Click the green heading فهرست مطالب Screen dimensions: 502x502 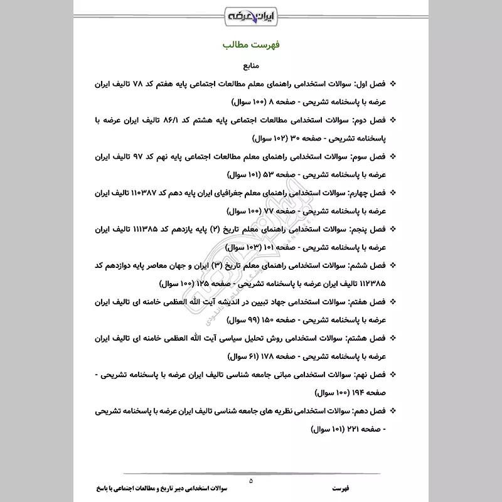point(251,46)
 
